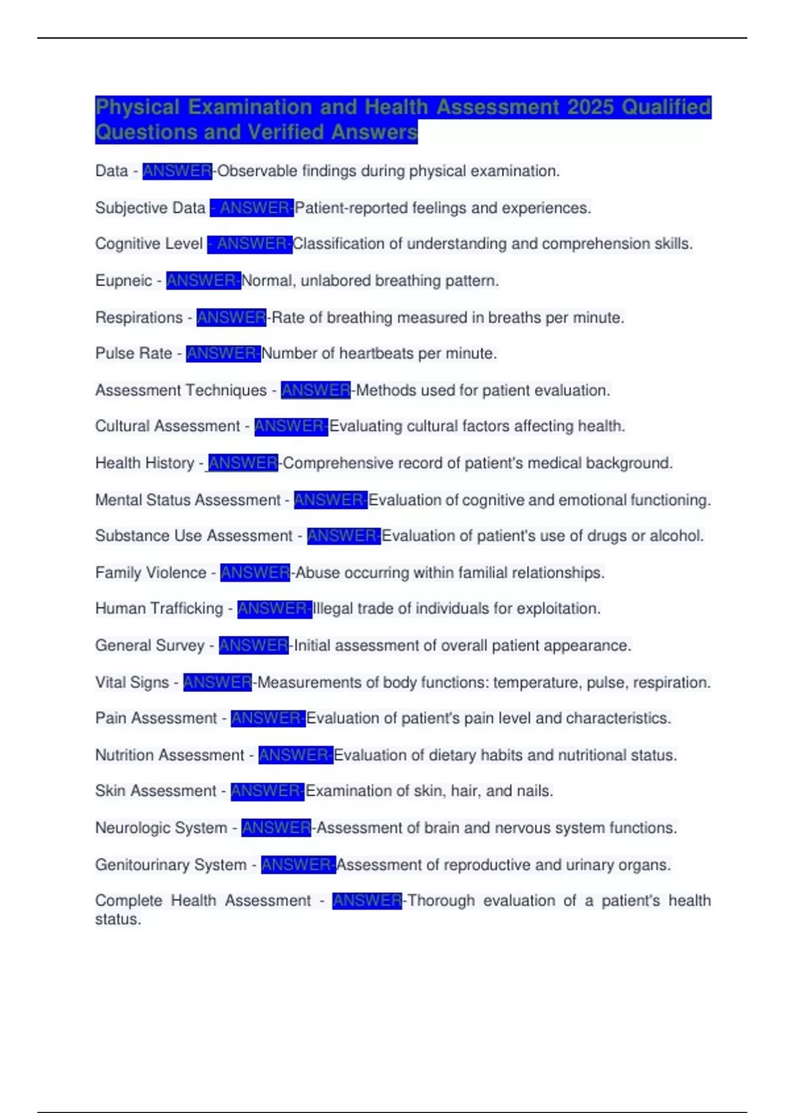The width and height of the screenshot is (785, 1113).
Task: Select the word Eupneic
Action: click(x=124, y=281)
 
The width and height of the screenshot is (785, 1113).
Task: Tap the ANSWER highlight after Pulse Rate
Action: click(x=223, y=354)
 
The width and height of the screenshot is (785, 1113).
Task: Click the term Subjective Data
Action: click(x=150, y=208)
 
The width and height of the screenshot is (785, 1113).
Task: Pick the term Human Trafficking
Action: click(x=159, y=609)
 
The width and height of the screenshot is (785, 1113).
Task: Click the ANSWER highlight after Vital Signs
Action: click(x=217, y=682)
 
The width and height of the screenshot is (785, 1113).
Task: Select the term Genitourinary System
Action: click(x=171, y=865)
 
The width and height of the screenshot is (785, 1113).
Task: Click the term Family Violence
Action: click(x=150, y=573)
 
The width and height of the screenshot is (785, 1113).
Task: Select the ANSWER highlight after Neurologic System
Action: click(x=276, y=828)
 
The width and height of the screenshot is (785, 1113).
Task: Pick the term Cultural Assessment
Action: click(x=167, y=426)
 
